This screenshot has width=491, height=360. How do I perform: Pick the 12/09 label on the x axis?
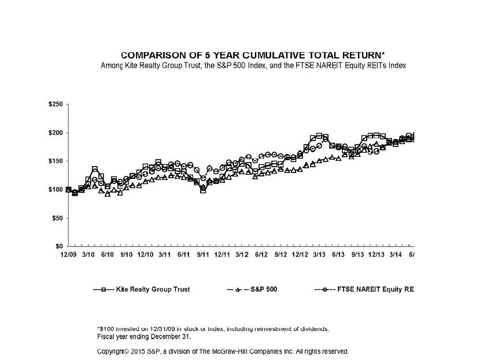(68, 254)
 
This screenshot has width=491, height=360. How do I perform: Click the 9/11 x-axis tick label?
(202, 254)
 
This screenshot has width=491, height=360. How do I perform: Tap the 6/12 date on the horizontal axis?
(261, 254)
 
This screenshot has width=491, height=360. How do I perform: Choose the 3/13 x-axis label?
(319, 254)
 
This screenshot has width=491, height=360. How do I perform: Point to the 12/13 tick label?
(376, 254)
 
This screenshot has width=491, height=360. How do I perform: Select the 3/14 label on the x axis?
(396, 254)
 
